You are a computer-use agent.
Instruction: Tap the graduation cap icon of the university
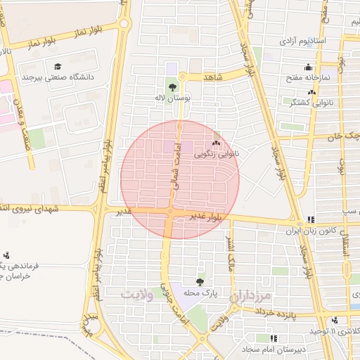point(58,66)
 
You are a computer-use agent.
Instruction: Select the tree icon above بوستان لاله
point(172,88)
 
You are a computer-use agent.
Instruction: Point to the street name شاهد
point(212,76)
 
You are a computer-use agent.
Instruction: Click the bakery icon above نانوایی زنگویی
point(216,143)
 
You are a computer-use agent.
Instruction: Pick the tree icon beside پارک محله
point(202,281)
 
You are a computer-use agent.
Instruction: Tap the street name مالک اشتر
point(229,255)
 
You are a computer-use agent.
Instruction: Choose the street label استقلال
point(345,239)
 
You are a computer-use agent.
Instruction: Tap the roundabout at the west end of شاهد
point(181,76)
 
